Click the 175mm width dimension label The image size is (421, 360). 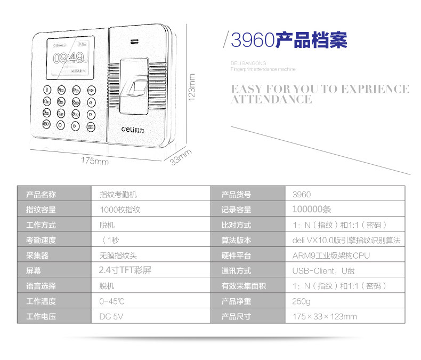tap(95, 161)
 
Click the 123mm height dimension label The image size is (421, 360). tap(192, 87)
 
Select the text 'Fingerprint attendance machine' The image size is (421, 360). tap(263, 69)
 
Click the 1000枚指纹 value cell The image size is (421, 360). tap(120, 210)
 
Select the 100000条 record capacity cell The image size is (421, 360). tap(312, 210)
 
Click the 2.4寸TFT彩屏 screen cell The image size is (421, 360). tap(125, 270)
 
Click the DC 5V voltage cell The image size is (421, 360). tap(111, 316)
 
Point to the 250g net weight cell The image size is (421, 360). tap(301, 301)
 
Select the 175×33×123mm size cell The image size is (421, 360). tap(325, 316)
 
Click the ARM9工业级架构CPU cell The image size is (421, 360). tap(331, 255)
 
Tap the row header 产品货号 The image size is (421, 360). tap(236, 195)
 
